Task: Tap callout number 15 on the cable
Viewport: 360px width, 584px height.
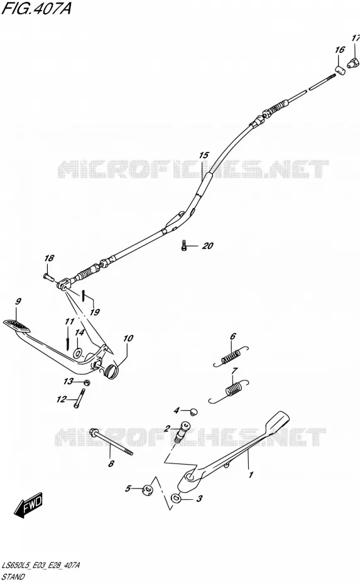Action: [x=204, y=155]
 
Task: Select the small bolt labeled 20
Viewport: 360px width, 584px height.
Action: [x=183, y=246]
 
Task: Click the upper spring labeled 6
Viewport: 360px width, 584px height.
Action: [x=231, y=357]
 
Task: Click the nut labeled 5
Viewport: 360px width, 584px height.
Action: [x=148, y=489]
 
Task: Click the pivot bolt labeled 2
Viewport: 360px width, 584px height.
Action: [x=182, y=430]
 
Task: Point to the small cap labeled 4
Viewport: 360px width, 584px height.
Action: [x=193, y=411]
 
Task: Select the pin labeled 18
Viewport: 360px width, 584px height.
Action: [x=49, y=277]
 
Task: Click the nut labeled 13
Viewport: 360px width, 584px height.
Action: [x=86, y=382]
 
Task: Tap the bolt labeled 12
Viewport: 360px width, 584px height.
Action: [x=79, y=397]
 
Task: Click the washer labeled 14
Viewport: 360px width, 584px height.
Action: [x=78, y=352]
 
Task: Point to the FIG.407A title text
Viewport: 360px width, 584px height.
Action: [x=36, y=8]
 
